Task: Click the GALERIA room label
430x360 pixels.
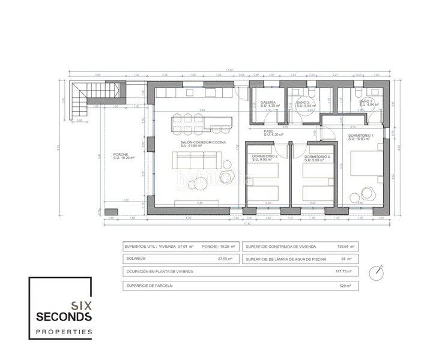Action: pos(268,103)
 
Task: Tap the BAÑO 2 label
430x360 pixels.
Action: pos(303,103)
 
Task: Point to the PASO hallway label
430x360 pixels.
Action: pos(269,131)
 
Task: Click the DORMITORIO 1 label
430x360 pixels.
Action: pos(361,136)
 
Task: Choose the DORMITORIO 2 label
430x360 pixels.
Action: pos(264,156)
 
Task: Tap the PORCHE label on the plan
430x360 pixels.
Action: pos(121,155)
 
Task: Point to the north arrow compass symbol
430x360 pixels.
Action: pos(378,273)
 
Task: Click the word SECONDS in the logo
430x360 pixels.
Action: pos(62,316)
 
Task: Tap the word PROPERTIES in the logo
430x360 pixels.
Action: pos(62,332)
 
